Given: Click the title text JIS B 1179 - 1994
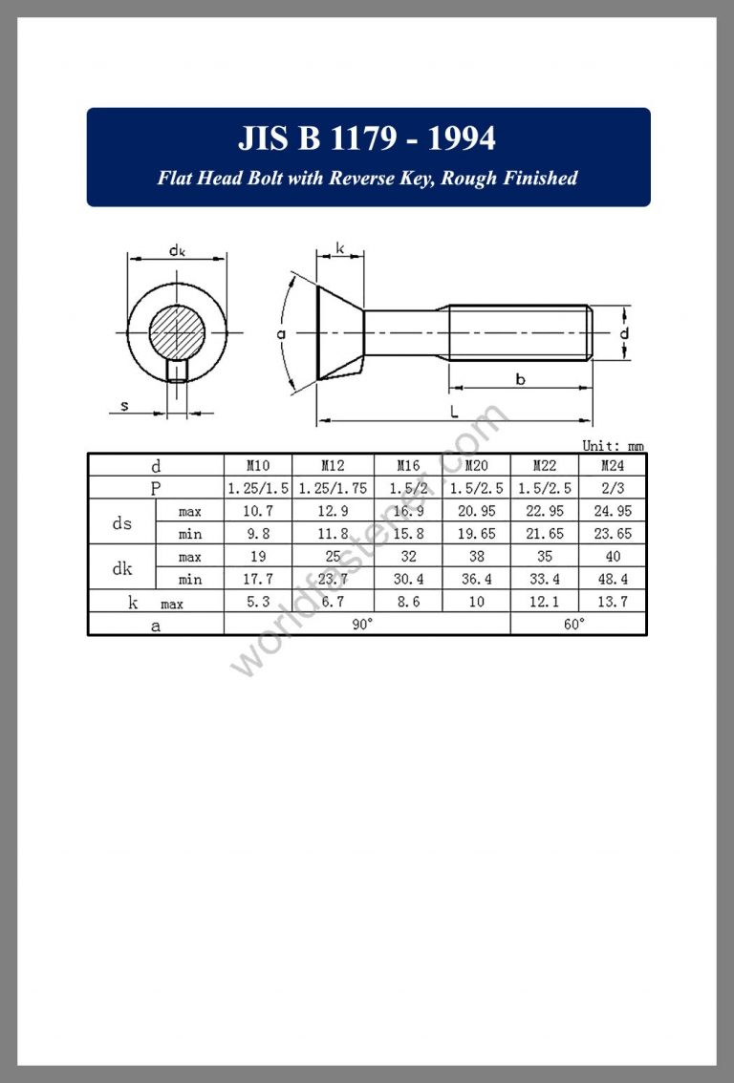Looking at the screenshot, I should pos(367,139).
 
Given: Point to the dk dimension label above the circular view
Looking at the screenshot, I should pos(177,250).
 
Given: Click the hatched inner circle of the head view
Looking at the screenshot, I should pos(177,332).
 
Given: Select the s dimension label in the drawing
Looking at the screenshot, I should pos(125,406).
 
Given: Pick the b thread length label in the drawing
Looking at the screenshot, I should pos(520,379).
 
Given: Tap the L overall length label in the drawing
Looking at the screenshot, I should pos(454,412).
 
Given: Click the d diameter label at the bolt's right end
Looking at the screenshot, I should pos(623,333).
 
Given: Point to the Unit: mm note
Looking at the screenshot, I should pos(613,445).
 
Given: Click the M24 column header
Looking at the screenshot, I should pos(613,466).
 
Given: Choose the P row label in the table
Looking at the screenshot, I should pos(156,488).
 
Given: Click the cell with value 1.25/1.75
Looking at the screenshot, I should pos(333,488).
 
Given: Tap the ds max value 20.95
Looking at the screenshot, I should pos(476,511).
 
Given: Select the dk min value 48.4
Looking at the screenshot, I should pos(613,579).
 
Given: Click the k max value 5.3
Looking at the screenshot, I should pos(258,602).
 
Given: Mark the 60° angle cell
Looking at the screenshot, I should pos(578,624).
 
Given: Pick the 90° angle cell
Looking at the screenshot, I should pos(367,624).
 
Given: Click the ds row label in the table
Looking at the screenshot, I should pos(121,522).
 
